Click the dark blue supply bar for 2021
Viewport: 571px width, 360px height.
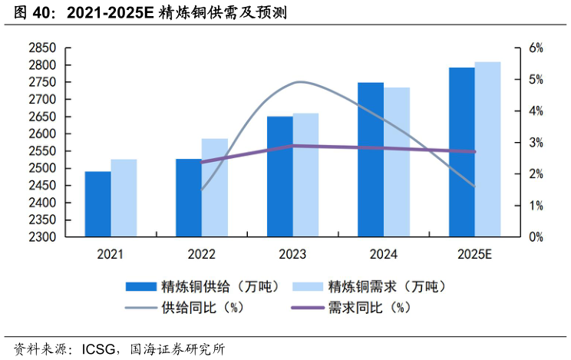point(97,204)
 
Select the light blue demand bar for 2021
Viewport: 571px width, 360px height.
point(124,198)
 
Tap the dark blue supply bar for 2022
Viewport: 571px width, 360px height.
point(189,198)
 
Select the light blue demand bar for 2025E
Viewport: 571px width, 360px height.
point(487,150)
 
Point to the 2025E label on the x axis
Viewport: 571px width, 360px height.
point(475,254)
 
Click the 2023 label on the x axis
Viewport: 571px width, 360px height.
point(292,254)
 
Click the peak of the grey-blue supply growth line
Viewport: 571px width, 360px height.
point(299,81)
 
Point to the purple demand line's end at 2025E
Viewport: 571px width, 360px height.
point(474,151)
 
